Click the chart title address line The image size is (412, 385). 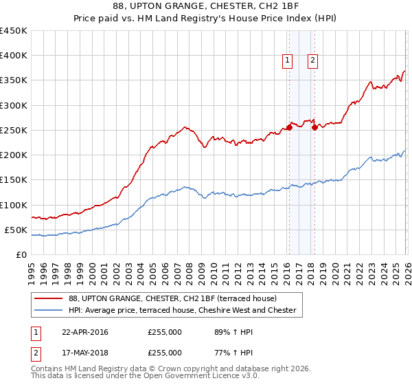(x=206, y=5)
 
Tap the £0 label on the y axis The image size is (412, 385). (x=21, y=254)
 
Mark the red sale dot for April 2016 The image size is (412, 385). (x=289, y=127)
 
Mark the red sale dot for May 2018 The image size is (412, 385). (x=314, y=127)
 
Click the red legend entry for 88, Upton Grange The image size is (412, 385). (x=172, y=299)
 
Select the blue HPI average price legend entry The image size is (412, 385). (x=182, y=311)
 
